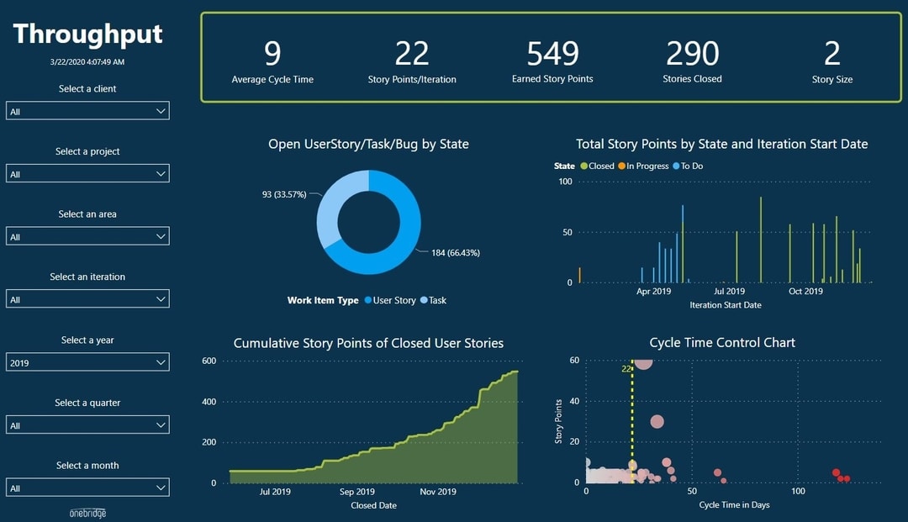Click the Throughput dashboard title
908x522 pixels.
(x=88, y=34)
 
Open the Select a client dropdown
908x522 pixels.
(x=87, y=111)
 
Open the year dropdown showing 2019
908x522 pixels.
(x=87, y=362)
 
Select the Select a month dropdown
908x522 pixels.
(x=87, y=488)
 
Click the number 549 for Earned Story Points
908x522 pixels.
(x=552, y=54)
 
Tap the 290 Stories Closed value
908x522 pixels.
(x=692, y=54)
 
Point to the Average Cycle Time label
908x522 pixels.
(x=272, y=80)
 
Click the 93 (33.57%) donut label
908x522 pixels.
(x=284, y=194)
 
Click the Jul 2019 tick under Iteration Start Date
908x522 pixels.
(x=730, y=292)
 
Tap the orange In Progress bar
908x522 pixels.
(x=579, y=275)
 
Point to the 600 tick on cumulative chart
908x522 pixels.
(x=208, y=361)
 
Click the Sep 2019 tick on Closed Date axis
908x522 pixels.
(x=356, y=492)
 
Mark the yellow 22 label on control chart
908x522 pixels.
(x=626, y=369)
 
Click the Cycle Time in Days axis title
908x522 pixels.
(x=734, y=505)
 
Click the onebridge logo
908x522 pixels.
(x=87, y=513)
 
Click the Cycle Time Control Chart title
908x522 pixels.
(x=722, y=343)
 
